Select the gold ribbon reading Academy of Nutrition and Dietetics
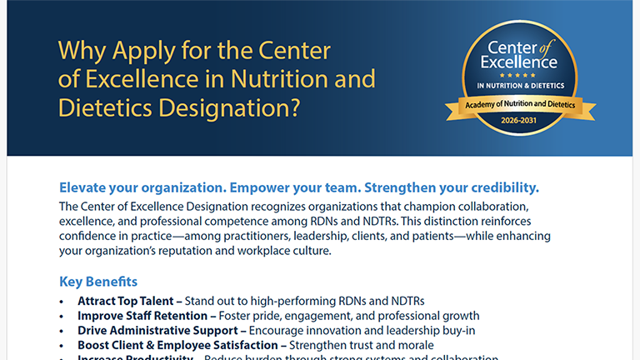[x=520, y=105]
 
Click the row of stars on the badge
[x=520, y=74]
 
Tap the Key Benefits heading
[x=98, y=282]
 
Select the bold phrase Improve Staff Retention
[x=142, y=316]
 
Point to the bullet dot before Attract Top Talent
[x=62, y=301]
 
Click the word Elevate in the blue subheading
[x=87, y=187]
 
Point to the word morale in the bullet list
[x=414, y=345]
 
